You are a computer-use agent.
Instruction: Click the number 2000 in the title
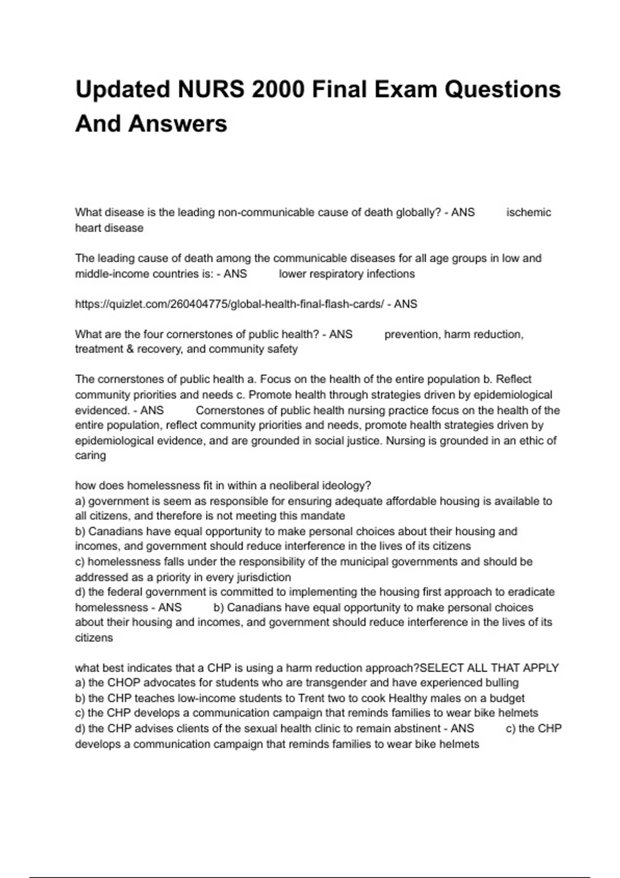(x=278, y=89)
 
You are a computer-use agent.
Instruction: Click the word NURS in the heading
(x=211, y=89)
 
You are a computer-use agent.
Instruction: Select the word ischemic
(x=529, y=212)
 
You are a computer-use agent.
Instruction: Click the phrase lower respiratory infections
(x=347, y=274)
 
